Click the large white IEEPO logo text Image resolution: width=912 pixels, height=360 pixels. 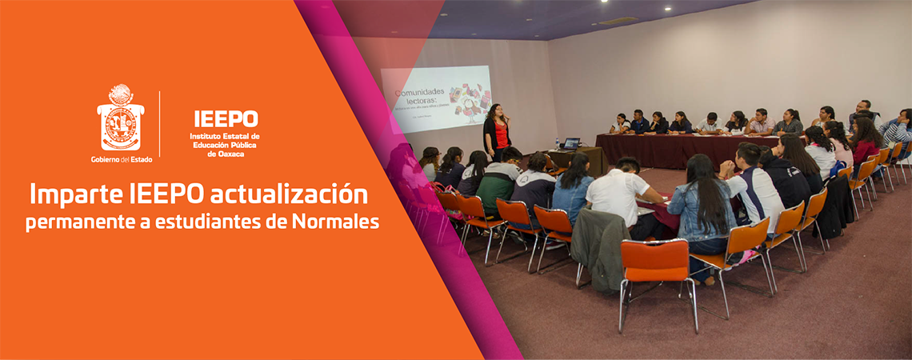[x=226, y=118]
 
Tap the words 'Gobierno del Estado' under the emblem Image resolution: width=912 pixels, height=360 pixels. [x=120, y=159]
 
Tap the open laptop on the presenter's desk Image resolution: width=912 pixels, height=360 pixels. [x=570, y=144]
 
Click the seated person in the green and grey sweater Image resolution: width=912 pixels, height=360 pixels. [x=497, y=180]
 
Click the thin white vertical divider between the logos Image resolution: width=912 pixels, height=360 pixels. [x=160, y=123]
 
